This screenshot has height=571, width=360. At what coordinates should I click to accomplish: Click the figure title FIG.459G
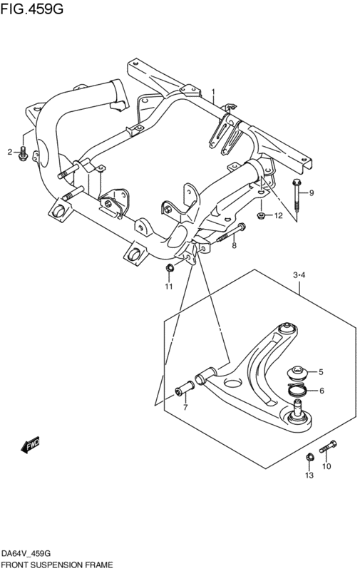click(x=31, y=8)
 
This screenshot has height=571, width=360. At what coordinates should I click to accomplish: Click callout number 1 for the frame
click(x=214, y=91)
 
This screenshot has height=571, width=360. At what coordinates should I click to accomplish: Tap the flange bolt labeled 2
click(x=23, y=154)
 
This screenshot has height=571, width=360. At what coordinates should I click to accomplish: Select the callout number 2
click(x=10, y=152)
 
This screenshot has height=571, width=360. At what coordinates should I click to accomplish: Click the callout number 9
click(x=312, y=193)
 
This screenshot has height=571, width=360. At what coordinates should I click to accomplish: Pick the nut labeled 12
click(x=260, y=215)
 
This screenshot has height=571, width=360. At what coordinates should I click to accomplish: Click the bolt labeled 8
click(x=232, y=232)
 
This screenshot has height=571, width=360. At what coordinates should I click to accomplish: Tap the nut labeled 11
click(x=169, y=269)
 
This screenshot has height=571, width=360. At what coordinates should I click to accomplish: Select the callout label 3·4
click(x=299, y=275)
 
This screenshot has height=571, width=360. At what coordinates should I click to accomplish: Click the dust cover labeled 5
click(x=297, y=373)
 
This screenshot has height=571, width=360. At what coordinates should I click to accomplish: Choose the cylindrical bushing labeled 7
click(x=184, y=389)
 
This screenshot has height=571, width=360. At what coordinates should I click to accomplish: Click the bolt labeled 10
click(x=328, y=446)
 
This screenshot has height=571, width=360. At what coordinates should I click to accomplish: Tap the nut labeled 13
click(x=309, y=457)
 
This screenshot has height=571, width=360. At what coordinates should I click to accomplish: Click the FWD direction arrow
click(x=30, y=444)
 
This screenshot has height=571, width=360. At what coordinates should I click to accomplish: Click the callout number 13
click(x=309, y=475)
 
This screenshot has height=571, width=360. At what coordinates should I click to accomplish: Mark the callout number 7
click(x=185, y=407)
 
